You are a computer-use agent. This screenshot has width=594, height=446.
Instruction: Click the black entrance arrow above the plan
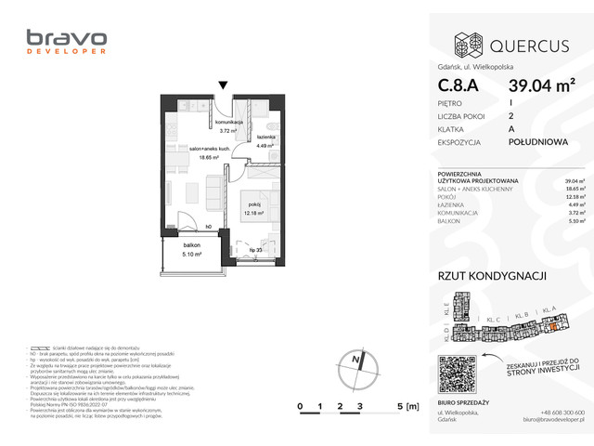point(223,86)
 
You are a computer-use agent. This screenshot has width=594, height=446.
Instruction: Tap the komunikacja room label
point(228,123)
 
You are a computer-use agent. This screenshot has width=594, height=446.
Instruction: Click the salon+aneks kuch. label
point(207,149)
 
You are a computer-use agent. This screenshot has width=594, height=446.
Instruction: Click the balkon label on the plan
point(192,244)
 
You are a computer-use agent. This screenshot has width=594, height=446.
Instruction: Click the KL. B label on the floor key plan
point(521,315)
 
